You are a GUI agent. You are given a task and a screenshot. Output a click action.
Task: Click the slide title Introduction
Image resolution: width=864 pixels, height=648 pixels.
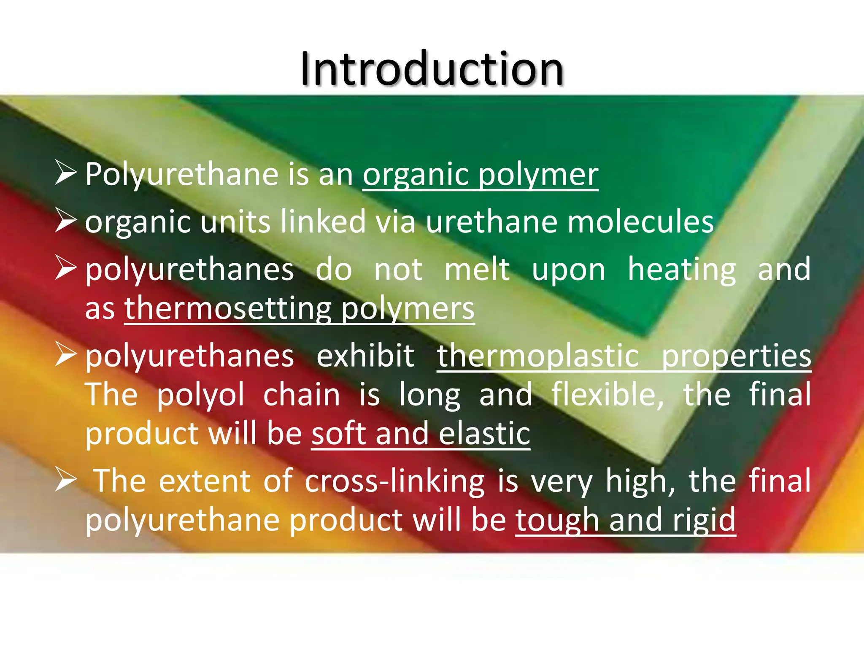click(432, 69)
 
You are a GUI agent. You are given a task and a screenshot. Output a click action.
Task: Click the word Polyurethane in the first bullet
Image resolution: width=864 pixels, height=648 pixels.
click(182, 174)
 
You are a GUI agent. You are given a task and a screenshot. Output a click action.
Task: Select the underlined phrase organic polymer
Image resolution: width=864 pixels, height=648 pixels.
click(480, 174)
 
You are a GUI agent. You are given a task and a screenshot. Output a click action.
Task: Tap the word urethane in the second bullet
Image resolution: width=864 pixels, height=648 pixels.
click(491, 222)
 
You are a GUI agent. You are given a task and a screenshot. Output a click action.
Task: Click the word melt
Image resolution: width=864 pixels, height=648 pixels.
click(477, 269)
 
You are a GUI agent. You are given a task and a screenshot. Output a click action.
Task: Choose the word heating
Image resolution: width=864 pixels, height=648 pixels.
click(682, 269)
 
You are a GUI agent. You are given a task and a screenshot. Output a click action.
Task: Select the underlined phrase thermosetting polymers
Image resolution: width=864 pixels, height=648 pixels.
click(299, 308)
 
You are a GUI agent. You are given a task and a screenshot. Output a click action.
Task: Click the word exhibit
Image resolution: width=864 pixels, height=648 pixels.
click(365, 356)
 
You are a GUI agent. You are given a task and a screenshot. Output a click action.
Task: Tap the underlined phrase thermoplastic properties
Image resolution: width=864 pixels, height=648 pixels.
click(624, 356)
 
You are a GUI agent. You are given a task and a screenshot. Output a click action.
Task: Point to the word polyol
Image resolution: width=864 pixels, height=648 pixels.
click(200, 395)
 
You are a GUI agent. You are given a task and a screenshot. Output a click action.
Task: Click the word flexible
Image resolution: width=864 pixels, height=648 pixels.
click(607, 395)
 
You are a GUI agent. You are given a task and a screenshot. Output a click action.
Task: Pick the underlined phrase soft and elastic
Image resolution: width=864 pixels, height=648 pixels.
click(421, 434)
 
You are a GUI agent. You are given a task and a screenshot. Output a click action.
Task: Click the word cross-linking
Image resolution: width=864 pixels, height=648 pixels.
click(395, 481)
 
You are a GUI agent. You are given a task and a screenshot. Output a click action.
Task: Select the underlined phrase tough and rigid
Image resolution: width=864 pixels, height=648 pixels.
click(625, 520)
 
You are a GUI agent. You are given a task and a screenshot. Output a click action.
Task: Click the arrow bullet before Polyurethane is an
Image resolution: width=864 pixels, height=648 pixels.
click(65, 173)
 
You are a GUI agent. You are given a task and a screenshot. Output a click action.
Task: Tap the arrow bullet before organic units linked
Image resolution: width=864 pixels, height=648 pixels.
click(65, 221)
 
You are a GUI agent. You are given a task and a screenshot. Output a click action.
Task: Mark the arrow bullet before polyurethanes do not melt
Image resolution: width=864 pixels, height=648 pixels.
click(65, 269)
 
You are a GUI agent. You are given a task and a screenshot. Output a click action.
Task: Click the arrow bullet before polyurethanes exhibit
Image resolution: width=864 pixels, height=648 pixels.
click(65, 355)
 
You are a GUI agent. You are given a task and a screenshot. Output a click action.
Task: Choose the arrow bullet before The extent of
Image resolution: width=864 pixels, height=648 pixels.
click(65, 481)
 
